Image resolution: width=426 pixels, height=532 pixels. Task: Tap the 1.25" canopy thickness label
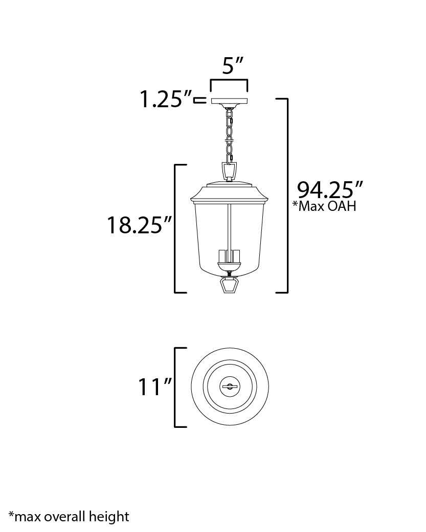click(x=166, y=100)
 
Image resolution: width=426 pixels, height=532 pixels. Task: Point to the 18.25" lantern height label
click(x=140, y=225)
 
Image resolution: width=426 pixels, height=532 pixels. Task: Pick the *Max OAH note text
click(x=324, y=206)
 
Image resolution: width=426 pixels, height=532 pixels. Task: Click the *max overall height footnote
click(x=69, y=517)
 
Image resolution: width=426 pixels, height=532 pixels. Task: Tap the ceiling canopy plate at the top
click(x=230, y=101)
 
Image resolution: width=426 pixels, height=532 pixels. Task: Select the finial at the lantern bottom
click(x=229, y=285)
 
